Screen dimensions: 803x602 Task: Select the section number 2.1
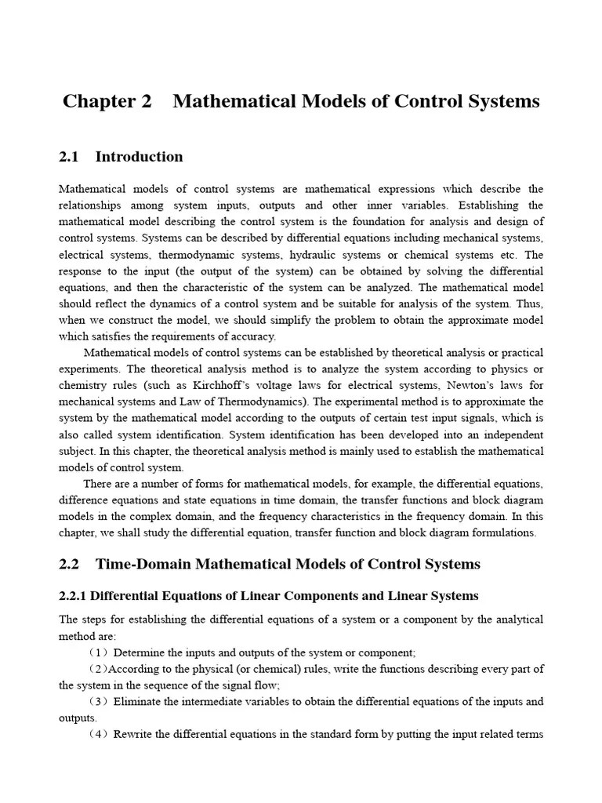tap(69, 157)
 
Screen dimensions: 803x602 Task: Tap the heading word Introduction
tap(139, 157)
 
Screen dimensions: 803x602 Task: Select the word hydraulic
tap(314, 256)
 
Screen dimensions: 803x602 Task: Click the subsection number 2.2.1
tap(75, 596)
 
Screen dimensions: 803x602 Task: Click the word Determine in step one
tap(140, 652)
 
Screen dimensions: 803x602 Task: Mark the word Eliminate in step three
tap(138, 702)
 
